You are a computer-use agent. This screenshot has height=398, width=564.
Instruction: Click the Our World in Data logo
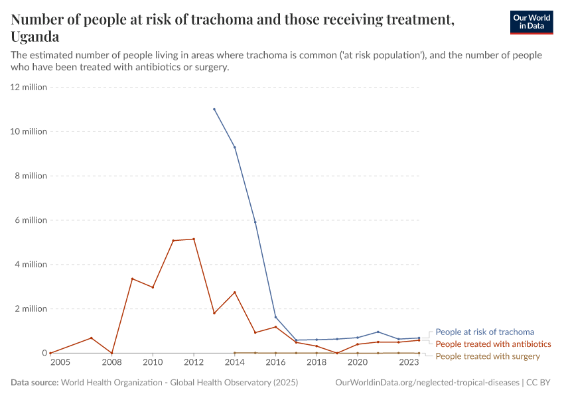(531, 22)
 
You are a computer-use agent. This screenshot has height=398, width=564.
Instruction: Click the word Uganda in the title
(35, 36)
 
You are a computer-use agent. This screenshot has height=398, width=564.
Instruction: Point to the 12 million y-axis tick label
(29, 87)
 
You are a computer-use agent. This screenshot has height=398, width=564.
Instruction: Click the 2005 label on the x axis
(59, 363)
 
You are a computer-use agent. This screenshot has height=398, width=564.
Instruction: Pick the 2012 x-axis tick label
(194, 363)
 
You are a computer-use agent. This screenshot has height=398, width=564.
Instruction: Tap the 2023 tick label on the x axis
(409, 363)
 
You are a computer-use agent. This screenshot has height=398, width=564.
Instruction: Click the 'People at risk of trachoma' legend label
(484, 332)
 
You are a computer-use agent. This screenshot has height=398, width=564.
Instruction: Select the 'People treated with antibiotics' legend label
(493, 344)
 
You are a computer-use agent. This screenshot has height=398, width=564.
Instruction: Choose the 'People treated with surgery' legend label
(488, 356)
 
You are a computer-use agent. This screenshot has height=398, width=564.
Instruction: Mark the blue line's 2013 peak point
(214, 109)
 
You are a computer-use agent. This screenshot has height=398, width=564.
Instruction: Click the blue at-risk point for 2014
(235, 147)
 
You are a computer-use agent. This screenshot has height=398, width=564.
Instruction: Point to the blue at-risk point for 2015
(255, 222)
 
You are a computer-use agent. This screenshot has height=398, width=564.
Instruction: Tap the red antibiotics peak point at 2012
(194, 239)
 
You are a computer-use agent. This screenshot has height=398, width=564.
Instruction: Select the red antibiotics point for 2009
(132, 279)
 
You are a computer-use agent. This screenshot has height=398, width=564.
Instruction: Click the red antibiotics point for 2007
(92, 338)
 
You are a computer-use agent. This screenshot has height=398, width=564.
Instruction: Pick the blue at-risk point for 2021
(378, 332)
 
